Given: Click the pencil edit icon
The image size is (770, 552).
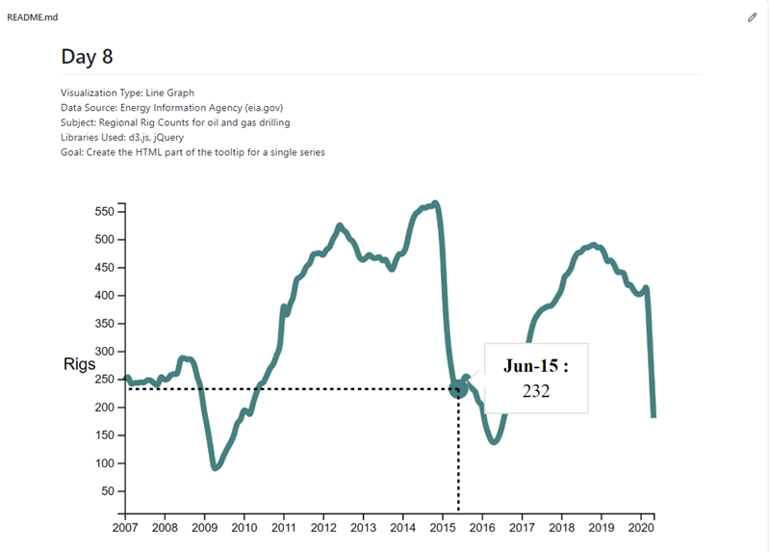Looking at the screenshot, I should tap(753, 17).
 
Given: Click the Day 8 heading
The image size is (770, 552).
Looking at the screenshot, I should tap(87, 57).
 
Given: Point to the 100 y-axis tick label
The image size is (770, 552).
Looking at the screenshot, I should tap(103, 463).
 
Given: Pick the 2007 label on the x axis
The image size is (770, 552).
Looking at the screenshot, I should tap(126, 528).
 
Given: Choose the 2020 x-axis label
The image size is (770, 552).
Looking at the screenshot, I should tap(641, 528).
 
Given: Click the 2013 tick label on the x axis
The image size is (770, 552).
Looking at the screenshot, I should tap(363, 528).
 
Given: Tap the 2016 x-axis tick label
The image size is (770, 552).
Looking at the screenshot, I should tap(482, 528).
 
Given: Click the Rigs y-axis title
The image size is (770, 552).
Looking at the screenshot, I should tap(79, 365).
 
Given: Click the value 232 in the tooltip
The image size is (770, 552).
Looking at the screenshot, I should tap(536, 391).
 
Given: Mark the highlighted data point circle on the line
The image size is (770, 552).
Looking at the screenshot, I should tap(458, 388).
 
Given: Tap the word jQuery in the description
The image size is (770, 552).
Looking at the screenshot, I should tap(168, 138).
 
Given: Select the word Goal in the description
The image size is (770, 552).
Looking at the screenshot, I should tap(72, 152).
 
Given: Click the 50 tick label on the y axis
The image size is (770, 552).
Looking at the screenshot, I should tap(107, 491).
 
